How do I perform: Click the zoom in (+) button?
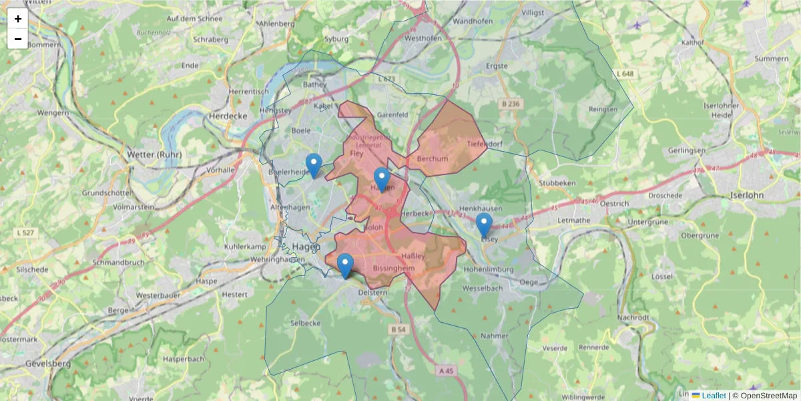18,19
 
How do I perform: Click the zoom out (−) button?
18,39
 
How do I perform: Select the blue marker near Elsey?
484,225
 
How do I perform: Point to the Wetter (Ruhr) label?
154,154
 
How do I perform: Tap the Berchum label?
431,159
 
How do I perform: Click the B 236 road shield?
510,104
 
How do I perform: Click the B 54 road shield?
398,329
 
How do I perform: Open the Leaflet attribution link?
713,396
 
